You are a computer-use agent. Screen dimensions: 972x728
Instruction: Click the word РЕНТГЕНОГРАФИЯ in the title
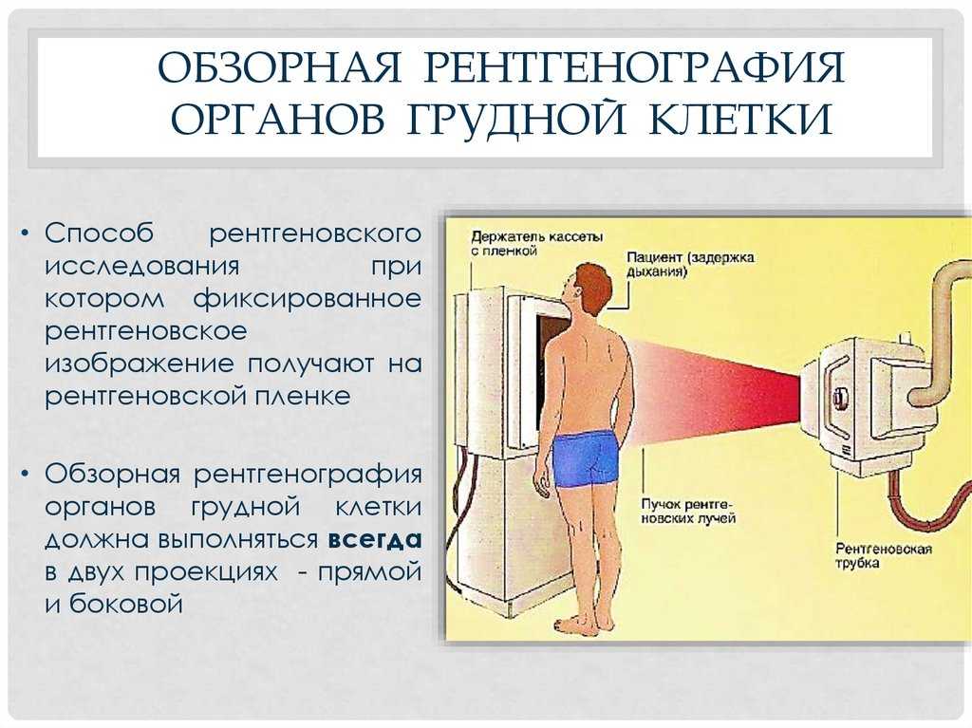pos(634,67)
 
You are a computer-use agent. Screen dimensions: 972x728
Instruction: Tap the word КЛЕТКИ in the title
pos(740,119)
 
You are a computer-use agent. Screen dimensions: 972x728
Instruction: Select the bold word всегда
pos(375,540)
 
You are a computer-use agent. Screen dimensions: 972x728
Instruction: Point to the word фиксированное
pos(307,300)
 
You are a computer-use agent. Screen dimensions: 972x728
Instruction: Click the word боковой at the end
pos(126,604)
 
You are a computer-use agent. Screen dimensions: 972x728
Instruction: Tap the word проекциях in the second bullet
pos(206,572)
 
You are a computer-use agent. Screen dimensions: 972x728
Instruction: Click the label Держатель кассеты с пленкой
pos(537,244)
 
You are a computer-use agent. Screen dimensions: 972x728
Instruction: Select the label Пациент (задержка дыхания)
pos(690,264)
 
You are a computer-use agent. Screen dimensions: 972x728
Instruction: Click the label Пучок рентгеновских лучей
pos(687,511)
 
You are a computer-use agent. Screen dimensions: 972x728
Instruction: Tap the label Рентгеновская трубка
pos(884,555)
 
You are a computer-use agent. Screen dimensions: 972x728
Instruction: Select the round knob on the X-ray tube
pos(841,396)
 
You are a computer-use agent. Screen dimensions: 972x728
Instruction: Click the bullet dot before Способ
pos(24,234)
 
